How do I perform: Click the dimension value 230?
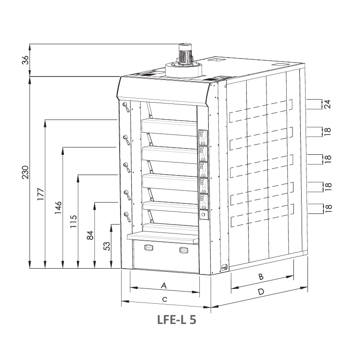[25, 172]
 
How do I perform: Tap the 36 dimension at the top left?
[25, 60]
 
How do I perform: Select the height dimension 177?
[40, 194]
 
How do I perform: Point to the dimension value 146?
[58, 207]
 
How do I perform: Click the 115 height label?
[73, 221]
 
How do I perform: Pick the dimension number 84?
[90, 235]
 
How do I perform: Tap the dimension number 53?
[107, 246]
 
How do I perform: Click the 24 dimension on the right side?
[328, 104]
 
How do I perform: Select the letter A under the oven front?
[164, 286]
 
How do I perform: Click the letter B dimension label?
[261, 277]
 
